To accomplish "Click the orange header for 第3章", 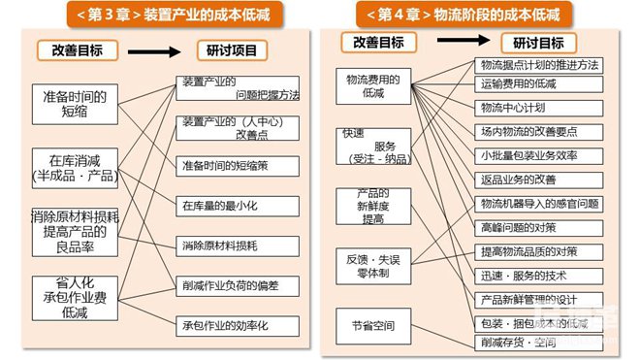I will (160, 14).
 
